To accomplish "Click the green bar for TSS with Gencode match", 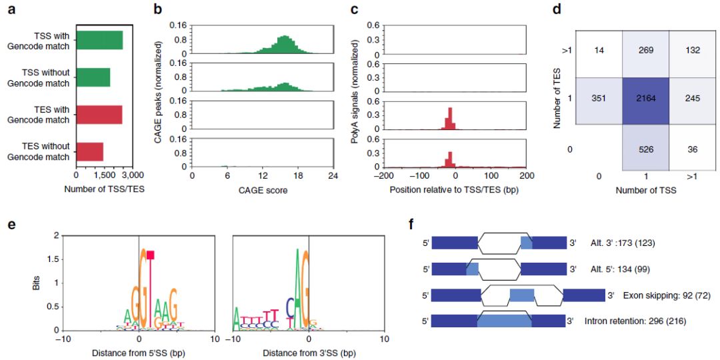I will pos(100,40).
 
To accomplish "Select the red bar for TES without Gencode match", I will pos(90,152).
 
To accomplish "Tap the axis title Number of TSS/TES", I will pos(105,189).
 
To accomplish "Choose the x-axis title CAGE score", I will pos(262,189).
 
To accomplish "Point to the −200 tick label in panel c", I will pos(385,175).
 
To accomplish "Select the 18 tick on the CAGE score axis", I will pos(298,175).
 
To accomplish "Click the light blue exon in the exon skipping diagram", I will pos(521,295).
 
